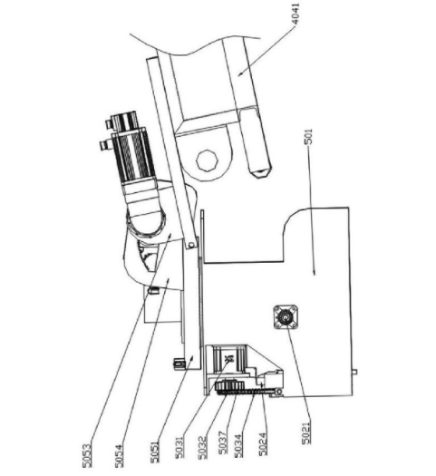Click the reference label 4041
point(295,14)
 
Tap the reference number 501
point(308,137)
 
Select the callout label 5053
point(86,455)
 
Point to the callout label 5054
point(120,456)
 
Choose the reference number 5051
point(154,452)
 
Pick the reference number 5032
point(202,447)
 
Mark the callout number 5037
point(223,443)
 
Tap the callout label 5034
point(238,446)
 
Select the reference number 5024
point(263,444)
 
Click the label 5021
point(306,433)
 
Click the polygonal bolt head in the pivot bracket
point(207,160)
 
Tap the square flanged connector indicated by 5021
point(286,317)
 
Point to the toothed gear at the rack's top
point(229,386)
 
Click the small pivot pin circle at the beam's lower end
point(191,245)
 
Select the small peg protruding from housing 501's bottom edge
point(354,372)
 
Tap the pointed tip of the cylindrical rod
point(262,174)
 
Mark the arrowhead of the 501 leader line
point(314,272)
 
